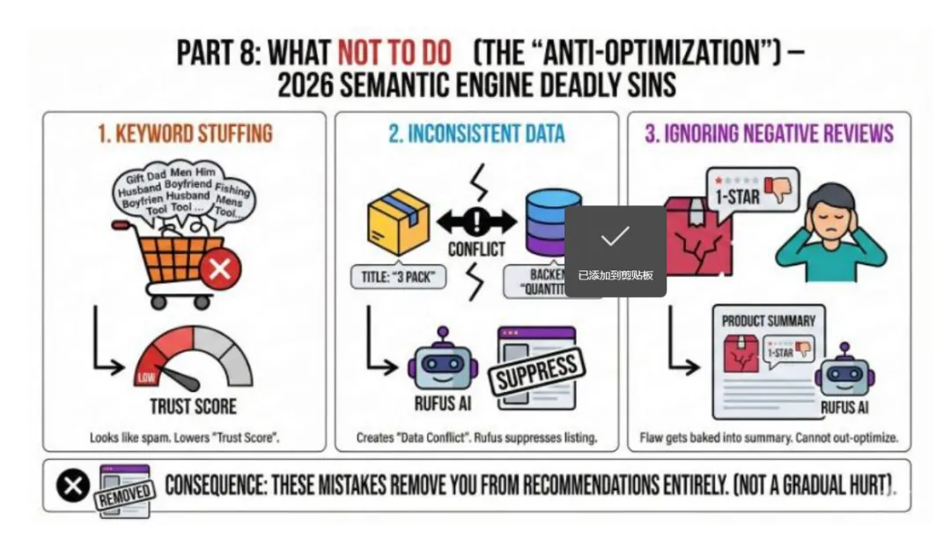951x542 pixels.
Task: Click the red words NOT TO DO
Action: pyautogui.click(x=394, y=52)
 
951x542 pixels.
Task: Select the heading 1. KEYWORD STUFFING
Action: pyautogui.click(x=185, y=134)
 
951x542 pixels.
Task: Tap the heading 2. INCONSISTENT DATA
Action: pyautogui.click(x=476, y=134)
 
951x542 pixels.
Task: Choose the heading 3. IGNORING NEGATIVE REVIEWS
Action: pyautogui.click(x=769, y=134)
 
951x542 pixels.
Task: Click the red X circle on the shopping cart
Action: pyautogui.click(x=219, y=268)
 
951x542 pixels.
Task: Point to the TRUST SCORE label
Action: pyautogui.click(x=193, y=406)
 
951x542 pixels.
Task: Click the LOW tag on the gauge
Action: pyautogui.click(x=146, y=378)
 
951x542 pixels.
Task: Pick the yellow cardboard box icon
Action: pyautogui.click(x=398, y=220)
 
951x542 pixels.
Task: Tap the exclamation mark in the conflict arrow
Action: pyautogui.click(x=476, y=220)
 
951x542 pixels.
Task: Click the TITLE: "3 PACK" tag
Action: pyautogui.click(x=398, y=277)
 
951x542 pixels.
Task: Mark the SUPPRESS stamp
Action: pyautogui.click(x=535, y=374)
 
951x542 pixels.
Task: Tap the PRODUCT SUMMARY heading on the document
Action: pyautogui.click(x=768, y=321)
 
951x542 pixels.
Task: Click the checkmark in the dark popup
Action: pyautogui.click(x=615, y=236)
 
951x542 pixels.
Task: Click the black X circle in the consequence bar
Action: pyautogui.click(x=73, y=486)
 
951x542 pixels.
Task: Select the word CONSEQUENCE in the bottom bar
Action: pyautogui.click(x=214, y=486)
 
